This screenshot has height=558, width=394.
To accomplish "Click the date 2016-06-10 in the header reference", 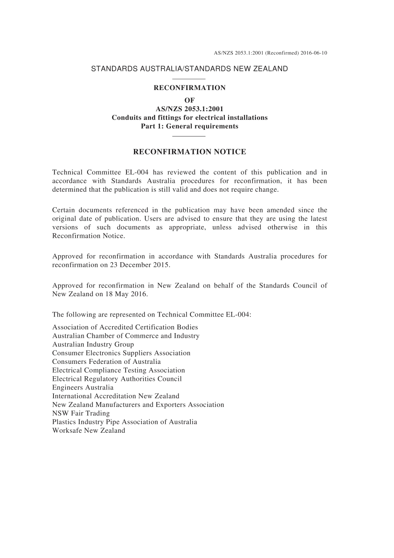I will [x=314, y=53].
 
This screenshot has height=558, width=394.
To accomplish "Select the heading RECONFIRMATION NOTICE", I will [x=190, y=152].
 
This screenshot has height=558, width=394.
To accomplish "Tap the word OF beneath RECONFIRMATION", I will [x=190, y=100].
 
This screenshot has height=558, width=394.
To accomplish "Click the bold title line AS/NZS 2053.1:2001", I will [x=190, y=109].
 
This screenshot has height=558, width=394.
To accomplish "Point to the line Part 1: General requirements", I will [x=190, y=126].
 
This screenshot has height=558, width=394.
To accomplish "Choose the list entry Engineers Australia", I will [x=83, y=387].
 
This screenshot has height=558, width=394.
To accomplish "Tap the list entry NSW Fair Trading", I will [x=81, y=413].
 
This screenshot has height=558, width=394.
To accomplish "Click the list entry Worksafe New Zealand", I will [x=89, y=431].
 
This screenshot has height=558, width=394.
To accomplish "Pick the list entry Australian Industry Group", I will [x=93, y=344].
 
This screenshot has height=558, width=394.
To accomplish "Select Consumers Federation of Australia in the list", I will [x=107, y=362].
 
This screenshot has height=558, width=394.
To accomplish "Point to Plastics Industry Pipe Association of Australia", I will [x=125, y=422].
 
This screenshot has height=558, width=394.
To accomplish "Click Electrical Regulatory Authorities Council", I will [x=117, y=379].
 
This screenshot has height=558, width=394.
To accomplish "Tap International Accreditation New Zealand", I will [x=116, y=396].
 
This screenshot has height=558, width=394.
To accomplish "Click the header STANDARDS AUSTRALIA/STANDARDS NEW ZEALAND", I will [x=190, y=69].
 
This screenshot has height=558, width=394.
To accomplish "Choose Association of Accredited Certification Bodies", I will [x=125, y=327].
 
